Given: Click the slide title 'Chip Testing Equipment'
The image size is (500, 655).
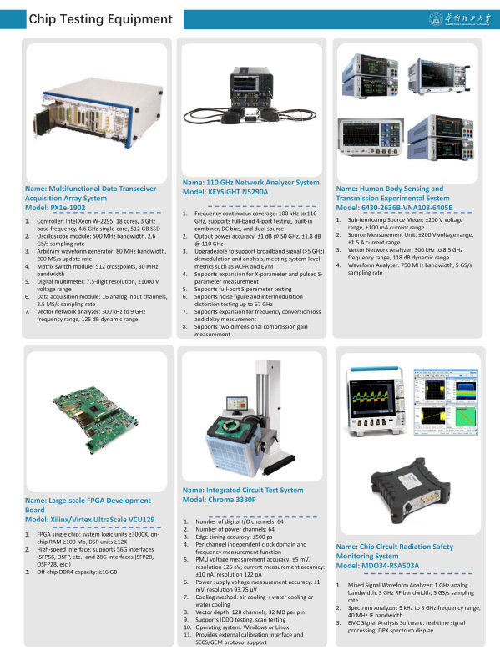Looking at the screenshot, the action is [x=100, y=19].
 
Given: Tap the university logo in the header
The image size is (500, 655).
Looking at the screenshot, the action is [x=460, y=19].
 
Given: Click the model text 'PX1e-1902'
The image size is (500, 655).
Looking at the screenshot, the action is [x=68, y=208].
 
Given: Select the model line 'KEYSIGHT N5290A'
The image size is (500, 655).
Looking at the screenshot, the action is [x=238, y=192].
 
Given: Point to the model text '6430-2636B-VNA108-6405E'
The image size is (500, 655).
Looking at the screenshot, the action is [x=407, y=208].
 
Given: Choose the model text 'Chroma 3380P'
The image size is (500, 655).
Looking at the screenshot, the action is [x=231, y=500].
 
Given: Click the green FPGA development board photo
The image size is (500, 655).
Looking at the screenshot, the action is [x=95, y=419].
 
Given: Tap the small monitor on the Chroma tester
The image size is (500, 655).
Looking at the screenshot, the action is [x=237, y=405].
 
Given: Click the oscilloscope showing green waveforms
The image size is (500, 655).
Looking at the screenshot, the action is [x=376, y=402].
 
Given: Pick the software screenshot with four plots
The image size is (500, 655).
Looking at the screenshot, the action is [x=446, y=402].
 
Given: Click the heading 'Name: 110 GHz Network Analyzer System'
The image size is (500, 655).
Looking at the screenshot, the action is [x=251, y=183].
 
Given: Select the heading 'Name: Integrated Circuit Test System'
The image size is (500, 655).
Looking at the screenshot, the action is [x=243, y=491].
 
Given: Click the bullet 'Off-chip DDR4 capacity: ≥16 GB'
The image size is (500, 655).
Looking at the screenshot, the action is [x=77, y=572].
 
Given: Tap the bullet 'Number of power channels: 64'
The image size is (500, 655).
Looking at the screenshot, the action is [x=235, y=529].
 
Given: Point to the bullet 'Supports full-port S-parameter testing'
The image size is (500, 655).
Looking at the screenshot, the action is [x=243, y=289].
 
